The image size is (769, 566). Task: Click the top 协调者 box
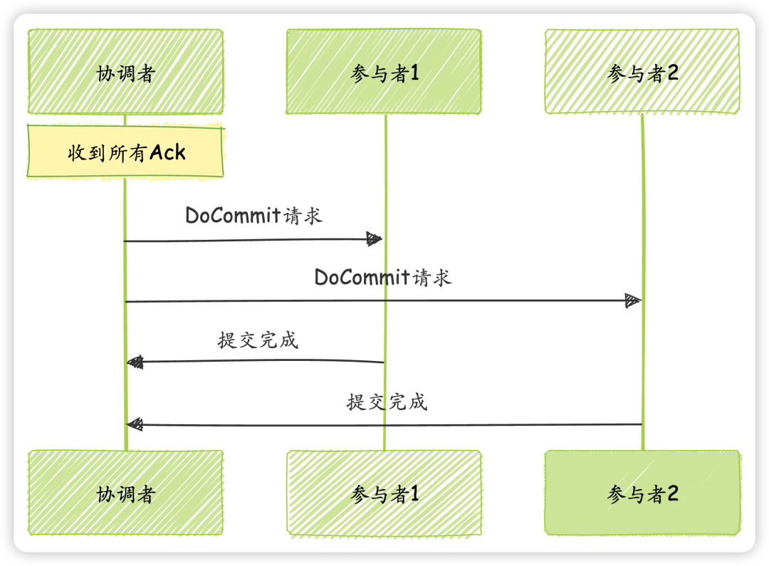tap(125, 72)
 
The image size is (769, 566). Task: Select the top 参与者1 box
tap(384, 72)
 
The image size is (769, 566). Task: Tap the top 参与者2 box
tap(642, 72)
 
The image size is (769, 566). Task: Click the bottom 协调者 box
tap(125, 493)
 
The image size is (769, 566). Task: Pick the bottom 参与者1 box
tap(384, 493)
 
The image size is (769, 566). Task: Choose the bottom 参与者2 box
tap(642, 493)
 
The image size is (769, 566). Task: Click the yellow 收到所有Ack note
tap(125, 152)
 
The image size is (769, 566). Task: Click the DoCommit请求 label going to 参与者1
tap(254, 215)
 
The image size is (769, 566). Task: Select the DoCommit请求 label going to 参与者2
tap(383, 277)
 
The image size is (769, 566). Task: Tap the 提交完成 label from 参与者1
tap(258, 340)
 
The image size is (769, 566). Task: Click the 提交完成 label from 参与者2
tap(387, 402)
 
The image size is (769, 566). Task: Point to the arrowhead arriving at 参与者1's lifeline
tap(375, 239)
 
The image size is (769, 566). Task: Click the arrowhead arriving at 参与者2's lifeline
tap(633, 300)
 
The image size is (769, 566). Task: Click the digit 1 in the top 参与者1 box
tap(414, 73)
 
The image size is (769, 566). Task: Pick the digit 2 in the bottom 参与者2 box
tap(671, 493)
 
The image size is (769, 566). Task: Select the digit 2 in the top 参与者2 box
tap(671, 73)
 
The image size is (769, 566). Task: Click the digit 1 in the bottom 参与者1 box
tap(414, 493)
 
